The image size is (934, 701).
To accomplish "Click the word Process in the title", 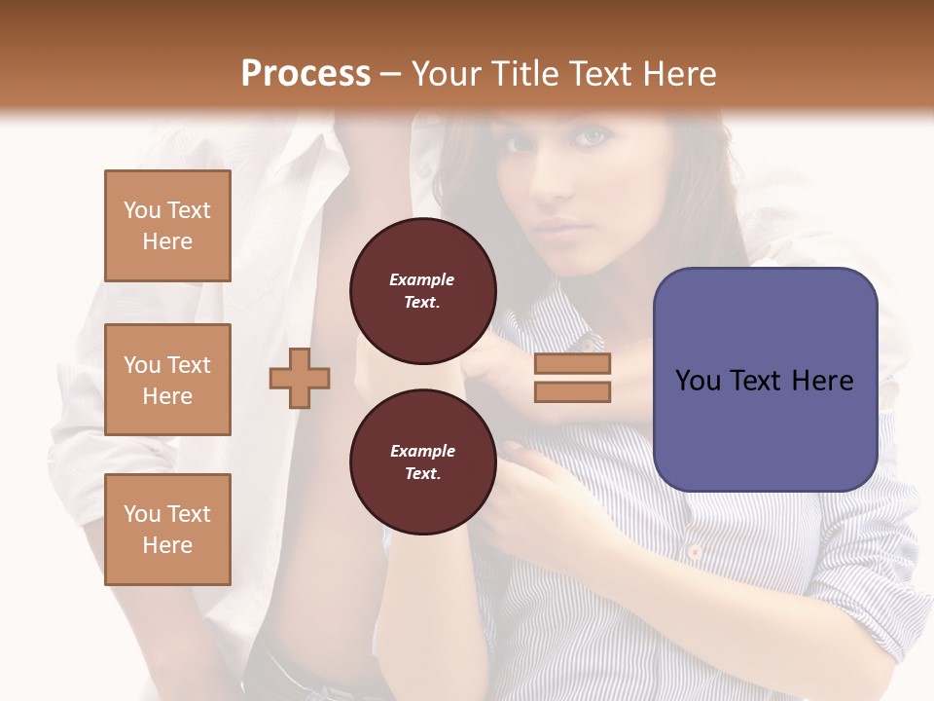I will coord(305,73).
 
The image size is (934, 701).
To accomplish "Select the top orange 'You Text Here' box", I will coord(167,226).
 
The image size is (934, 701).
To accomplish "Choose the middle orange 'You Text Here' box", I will coord(167,380).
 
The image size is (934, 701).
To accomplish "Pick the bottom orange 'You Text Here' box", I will coord(167,530).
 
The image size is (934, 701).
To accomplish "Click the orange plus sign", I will coord(300,378).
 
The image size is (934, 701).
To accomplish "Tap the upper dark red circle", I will coord(422,291).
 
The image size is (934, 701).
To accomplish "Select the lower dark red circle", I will coord(422,462).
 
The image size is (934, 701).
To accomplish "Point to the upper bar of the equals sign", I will coord(572,364).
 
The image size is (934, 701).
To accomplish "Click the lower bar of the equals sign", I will coord(572,391).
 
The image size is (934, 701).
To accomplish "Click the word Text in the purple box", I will coord(755,381).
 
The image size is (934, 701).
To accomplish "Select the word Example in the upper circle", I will coord(422,279).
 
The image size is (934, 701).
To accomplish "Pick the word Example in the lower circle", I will coord(422,451).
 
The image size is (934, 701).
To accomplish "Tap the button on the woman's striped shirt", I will coord(694,552).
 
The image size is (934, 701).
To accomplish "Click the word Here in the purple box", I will coord(823,381).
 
